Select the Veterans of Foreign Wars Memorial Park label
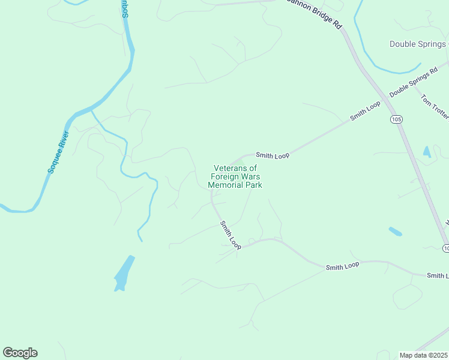[235, 177]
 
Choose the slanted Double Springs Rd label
[413, 83]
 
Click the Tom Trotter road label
[433, 106]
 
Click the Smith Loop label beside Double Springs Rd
[366, 111]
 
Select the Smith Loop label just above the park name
[273, 155]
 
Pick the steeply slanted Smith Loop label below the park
[231, 235]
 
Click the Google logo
[20, 352]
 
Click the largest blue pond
[123, 274]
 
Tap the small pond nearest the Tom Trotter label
[427, 152]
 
